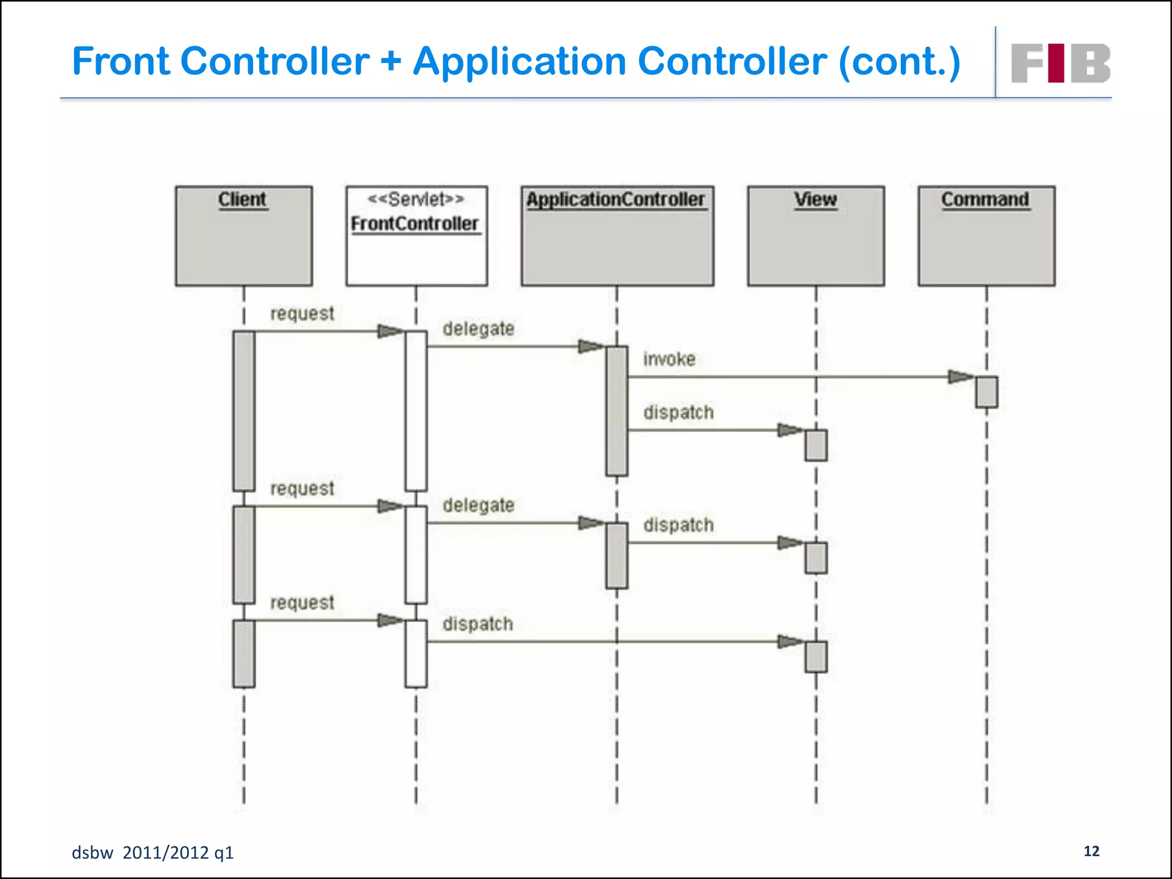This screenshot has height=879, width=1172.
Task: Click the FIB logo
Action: [1060, 63]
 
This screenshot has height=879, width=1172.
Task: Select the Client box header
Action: [243, 199]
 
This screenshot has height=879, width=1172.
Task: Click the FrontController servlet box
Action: [416, 236]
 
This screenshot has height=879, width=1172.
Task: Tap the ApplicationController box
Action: [617, 236]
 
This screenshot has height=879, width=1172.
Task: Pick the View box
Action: [815, 236]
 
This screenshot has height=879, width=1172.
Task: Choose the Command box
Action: [986, 236]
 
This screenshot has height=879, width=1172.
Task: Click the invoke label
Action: [669, 359]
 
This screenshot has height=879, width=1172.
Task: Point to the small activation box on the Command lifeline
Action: [987, 392]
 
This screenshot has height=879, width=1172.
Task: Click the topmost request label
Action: [302, 314]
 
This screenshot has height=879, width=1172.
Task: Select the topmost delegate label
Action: [478, 329]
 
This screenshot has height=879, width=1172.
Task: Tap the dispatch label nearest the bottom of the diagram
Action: [477, 624]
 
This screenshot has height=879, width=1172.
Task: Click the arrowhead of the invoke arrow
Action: [961, 377]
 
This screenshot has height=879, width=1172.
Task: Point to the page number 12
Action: [1091, 851]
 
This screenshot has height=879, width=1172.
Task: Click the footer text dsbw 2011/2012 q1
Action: [153, 853]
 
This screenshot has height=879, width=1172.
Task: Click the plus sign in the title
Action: [391, 61]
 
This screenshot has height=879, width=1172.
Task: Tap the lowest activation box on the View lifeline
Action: [815, 656]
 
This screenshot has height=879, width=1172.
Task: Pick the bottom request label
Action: [302, 603]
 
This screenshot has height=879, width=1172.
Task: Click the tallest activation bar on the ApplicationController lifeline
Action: [617, 411]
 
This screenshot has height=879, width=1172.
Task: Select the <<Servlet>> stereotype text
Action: [415, 199]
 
